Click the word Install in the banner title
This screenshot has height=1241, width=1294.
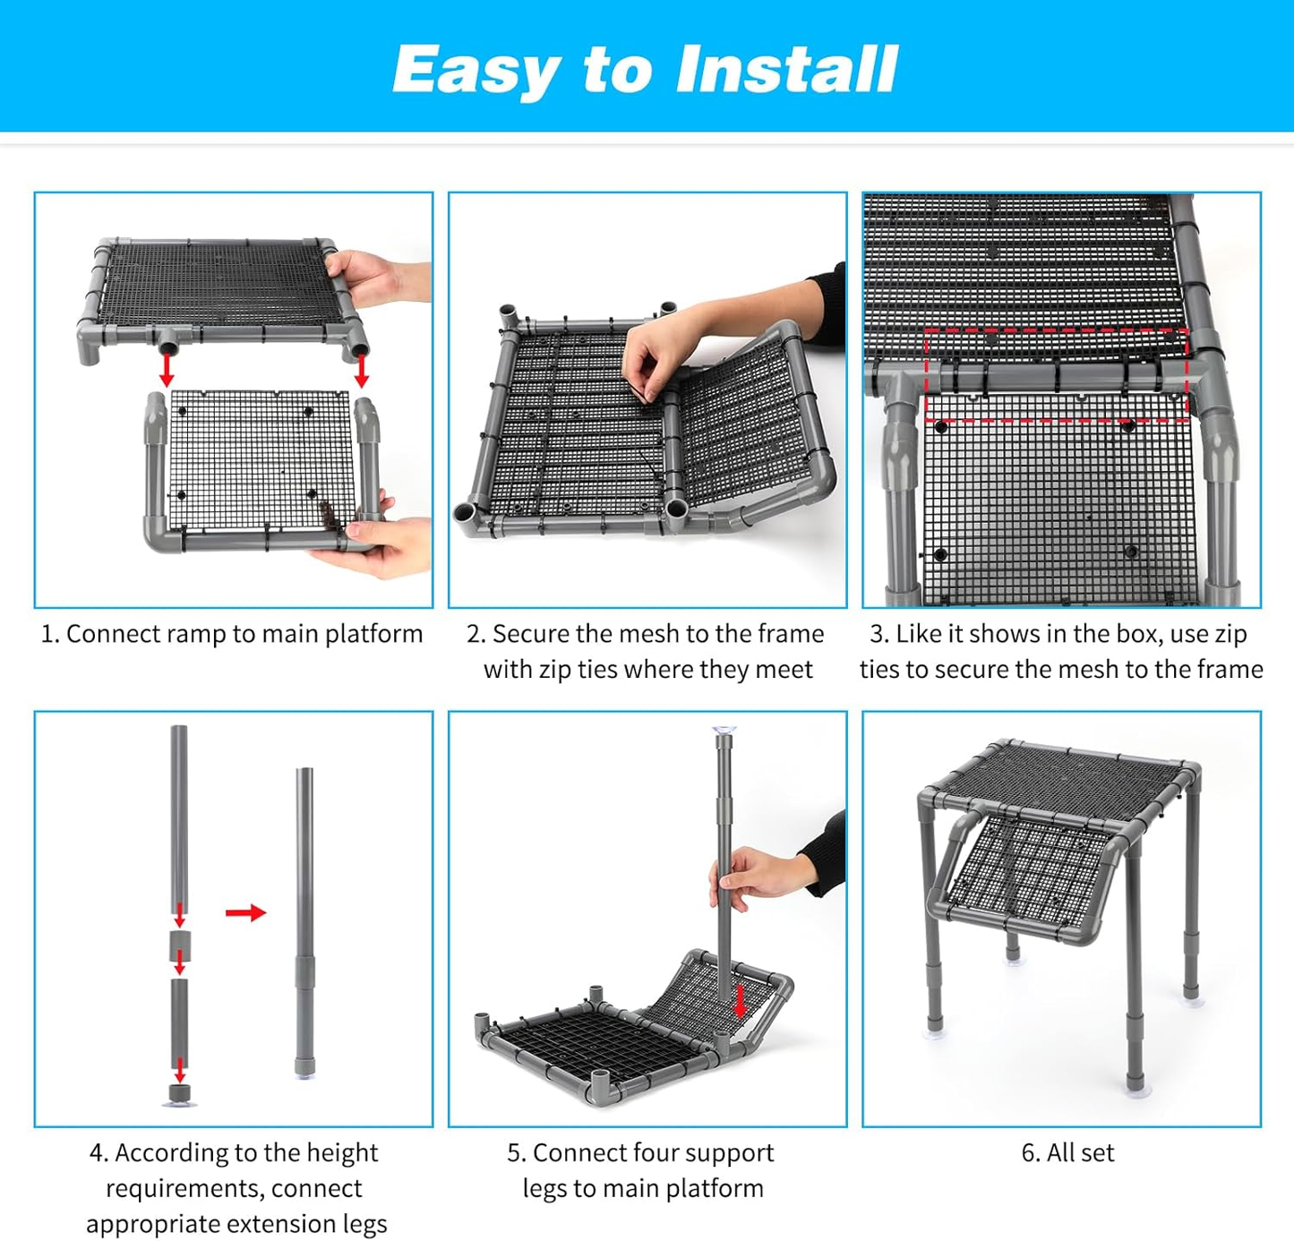tap(786, 69)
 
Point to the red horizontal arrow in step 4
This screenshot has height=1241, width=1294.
tap(245, 912)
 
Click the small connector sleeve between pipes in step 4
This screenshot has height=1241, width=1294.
tap(180, 944)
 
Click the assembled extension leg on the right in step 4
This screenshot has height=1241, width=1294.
tap(304, 922)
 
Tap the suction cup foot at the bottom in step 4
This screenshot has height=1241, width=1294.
tap(180, 1096)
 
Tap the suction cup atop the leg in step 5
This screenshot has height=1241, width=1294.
tap(724, 732)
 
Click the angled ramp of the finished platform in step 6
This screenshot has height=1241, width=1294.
tap(1030, 873)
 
